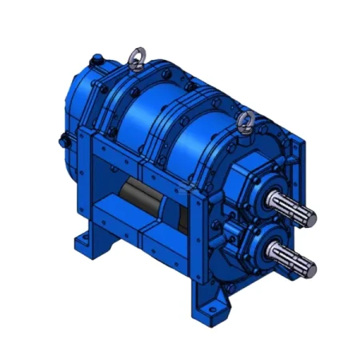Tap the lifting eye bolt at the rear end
click(135, 58)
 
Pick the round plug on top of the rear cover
click(97, 58)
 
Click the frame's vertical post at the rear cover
click(89, 184)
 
